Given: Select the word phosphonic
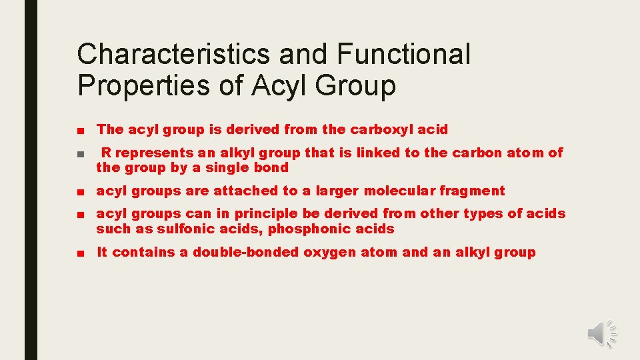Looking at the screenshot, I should pyautogui.click(x=311, y=229).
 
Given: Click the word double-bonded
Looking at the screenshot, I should pyautogui.click(x=247, y=252).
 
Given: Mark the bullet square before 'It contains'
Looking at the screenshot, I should pyautogui.click(x=80, y=253).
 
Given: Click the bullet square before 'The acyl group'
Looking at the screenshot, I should pyautogui.click(x=80, y=130).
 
